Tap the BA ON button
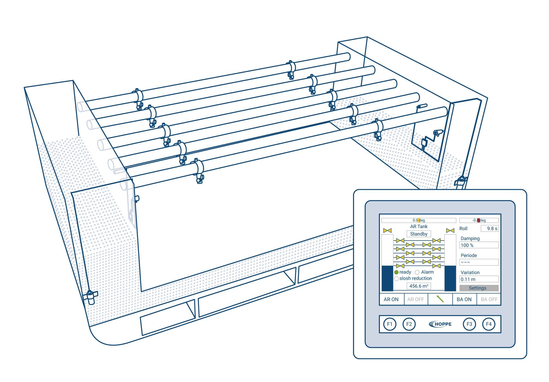pyautogui.click(x=464, y=299)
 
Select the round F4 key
pyautogui.click(x=489, y=324)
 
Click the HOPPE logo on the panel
pyautogui.click(x=440, y=324)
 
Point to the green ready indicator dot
pyautogui.click(x=396, y=272)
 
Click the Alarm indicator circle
pyautogui.click(x=417, y=272)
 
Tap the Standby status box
pyautogui.click(x=419, y=234)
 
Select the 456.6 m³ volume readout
pyautogui.click(x=419, y=286)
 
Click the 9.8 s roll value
pyautogui.click(x=490, y=228)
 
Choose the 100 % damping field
pyautogui.click(x=479, y=245)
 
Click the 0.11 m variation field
pyautogui.click(x=479, y=279)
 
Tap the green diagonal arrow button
pyautogui.click(x=440, y=299)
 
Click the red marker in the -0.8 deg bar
pyautogui.click(x=478, y=220)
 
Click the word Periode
pyautogui.click(x=469, y=255)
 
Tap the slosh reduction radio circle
pyautogui.click(x=396, y=278)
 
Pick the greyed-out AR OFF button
pyautogui.click(x=416, y=299)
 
